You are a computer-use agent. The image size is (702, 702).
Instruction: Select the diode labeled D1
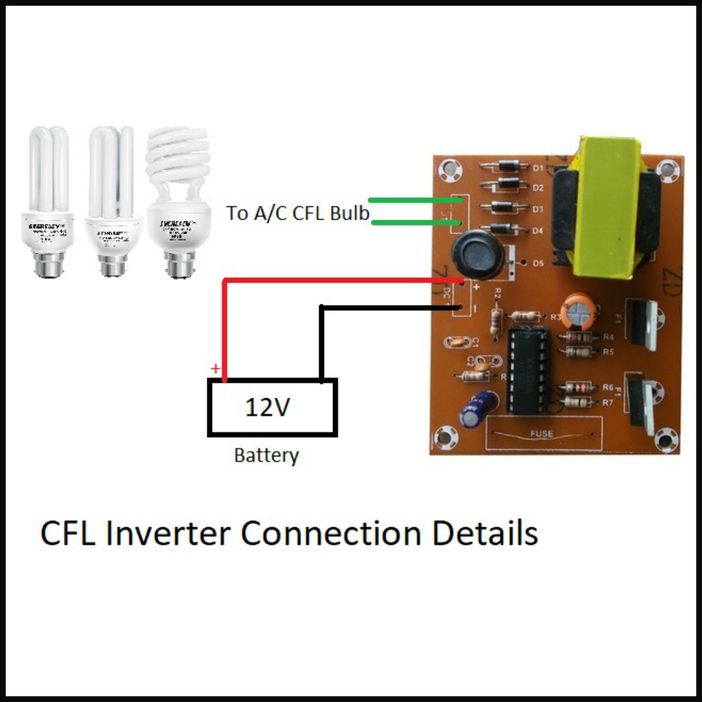[x=508, y=167]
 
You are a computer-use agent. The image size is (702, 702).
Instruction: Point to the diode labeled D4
[x=508, y=229]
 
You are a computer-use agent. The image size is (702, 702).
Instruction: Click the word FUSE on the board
[x=541, y=434]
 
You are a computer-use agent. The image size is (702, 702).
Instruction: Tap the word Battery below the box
[x=266, y=456]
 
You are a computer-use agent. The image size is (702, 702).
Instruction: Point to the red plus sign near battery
[x=216, y=369]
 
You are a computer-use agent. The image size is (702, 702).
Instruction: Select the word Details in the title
[x=485, y=534]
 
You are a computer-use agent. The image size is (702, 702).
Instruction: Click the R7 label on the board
[x=608, y=403]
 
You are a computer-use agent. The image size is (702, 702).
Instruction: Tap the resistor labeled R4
[x=578, y=337]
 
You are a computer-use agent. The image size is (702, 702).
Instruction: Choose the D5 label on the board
[x=538, y=263]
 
